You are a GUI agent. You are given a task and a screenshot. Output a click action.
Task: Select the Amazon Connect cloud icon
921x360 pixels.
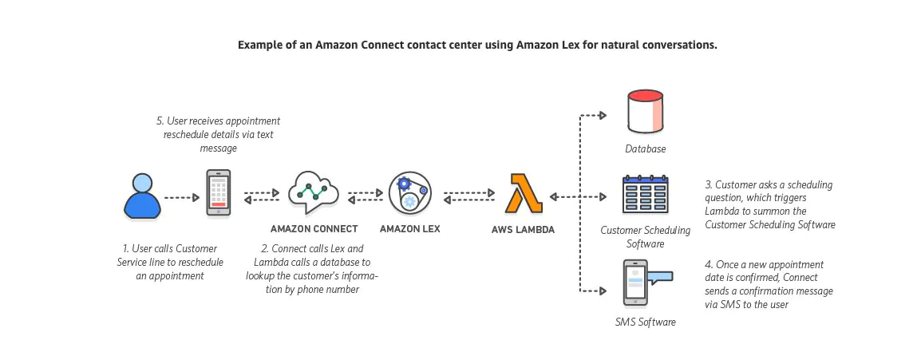(313, 192)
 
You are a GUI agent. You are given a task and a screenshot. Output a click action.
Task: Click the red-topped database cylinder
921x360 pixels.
(645, 112)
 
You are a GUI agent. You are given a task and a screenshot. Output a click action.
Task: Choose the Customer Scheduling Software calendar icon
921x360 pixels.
(645, 194)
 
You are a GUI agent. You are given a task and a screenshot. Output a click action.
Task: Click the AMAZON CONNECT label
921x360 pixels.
(312, 229)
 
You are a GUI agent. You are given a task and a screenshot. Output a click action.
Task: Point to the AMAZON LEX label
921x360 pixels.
(409, 229)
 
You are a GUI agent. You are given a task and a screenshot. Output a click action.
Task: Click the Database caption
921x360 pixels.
(645, 148)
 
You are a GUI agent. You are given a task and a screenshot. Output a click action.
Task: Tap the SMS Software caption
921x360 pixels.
(645, 322)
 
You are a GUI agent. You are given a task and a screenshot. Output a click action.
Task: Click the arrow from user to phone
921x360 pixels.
(181, 196)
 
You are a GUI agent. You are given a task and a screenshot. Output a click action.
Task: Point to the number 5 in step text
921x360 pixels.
(160, 121)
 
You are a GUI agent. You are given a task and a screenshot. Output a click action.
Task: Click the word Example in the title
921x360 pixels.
(259, 45)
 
